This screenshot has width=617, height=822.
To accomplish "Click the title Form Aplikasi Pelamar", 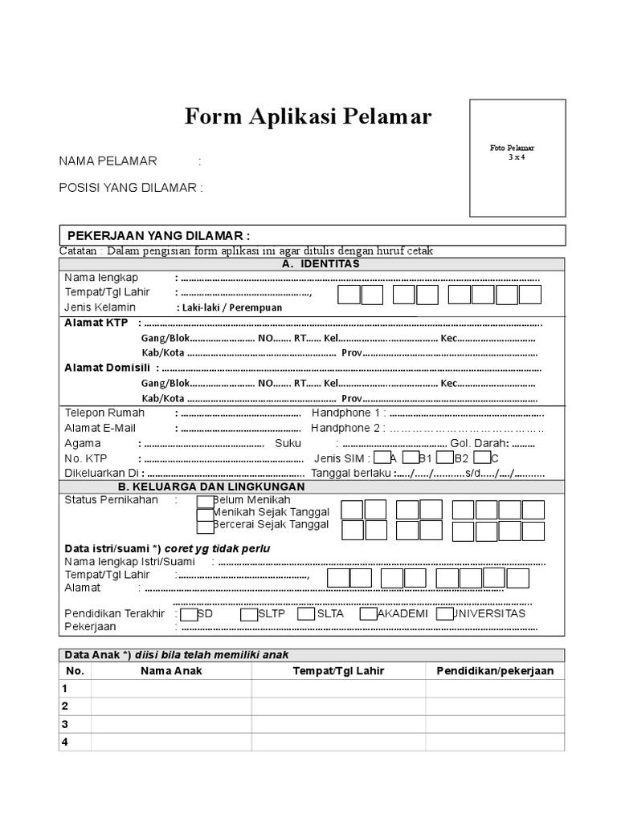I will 308,117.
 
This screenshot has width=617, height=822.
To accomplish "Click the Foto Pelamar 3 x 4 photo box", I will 517,158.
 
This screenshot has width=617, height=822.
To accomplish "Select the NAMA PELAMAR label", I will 108,161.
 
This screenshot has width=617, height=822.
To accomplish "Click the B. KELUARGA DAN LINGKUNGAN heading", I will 211,486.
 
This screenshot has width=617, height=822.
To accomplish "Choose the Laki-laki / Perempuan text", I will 229,307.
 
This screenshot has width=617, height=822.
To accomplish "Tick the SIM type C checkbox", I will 481,458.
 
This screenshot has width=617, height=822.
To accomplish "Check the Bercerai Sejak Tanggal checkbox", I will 205,526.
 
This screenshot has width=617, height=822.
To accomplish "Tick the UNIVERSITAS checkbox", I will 445,614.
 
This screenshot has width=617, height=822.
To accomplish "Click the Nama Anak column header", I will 171,671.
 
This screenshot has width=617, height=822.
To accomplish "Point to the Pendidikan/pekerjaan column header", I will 495,671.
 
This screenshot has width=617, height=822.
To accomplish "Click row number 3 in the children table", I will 66,724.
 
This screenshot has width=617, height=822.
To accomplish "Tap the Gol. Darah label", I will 479,443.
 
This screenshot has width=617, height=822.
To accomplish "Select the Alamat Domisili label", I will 108,368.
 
